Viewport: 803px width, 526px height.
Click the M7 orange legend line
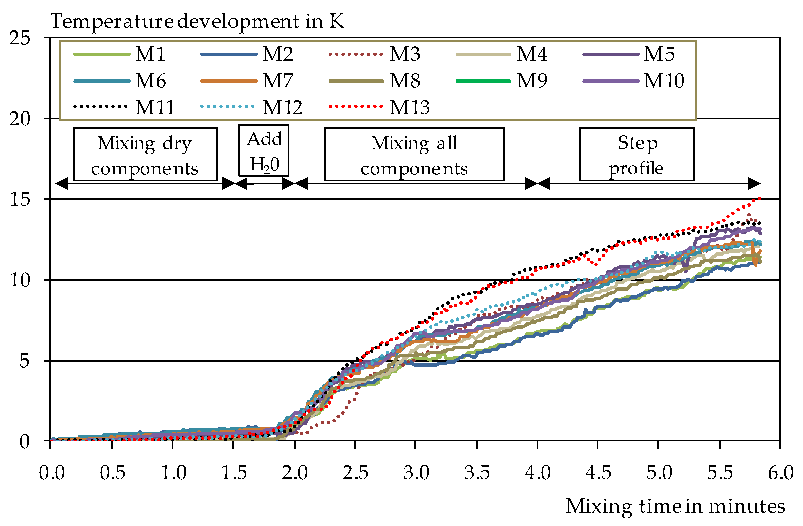229,81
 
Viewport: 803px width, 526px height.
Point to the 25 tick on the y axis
20,38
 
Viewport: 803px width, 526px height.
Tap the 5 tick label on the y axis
24,361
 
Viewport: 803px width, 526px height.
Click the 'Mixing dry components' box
145,154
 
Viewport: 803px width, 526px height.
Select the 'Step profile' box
637,154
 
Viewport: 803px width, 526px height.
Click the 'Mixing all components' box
414,154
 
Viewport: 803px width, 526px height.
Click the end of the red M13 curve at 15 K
759,199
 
